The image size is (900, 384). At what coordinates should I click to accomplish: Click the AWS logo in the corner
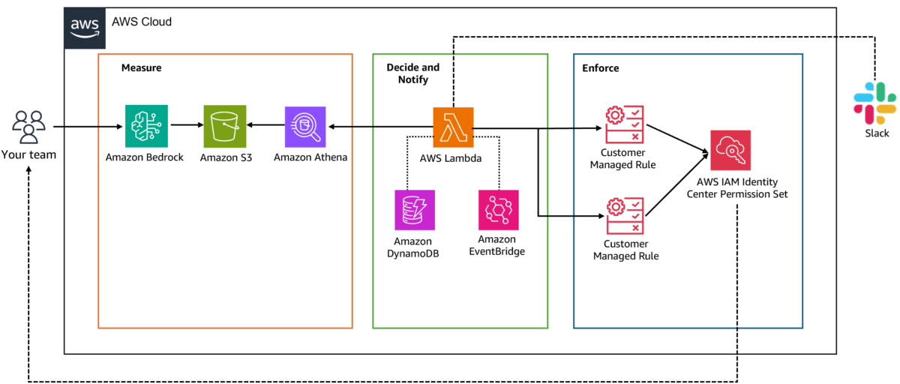[x=85, y=28]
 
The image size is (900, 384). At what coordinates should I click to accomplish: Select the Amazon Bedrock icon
[x=146, y=126]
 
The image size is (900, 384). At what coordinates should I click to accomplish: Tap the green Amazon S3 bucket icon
[x=224, y=127]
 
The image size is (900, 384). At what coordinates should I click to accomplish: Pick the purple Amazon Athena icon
[x=305, y=127]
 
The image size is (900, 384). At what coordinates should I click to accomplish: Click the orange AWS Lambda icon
[x=453, y=127]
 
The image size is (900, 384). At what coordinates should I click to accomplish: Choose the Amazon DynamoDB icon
[x=415, y=210]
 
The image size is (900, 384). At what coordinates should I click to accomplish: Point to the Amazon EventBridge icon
[x=498, y=210]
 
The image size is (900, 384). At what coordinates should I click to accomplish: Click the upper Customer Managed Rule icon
[x=624, y=124]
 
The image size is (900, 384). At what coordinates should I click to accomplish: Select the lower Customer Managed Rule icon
[x=625, y=216]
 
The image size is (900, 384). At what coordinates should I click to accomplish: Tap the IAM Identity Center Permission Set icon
[x=730, y=150]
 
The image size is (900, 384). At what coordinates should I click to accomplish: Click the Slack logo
[x=874, y=103]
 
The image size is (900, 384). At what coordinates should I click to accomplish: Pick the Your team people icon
[x=28, y=127]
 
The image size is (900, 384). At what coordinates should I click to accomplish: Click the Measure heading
[x=142, y=68]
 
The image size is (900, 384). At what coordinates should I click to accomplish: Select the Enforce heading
[x=600, y=68]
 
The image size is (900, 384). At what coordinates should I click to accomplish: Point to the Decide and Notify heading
[x=413, y=73]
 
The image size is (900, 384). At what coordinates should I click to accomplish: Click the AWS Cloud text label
[x=142, y=22]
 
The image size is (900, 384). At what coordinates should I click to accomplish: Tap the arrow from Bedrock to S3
[x=187, y=125]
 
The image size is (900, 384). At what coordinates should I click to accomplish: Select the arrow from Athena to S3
[x=265, y=125]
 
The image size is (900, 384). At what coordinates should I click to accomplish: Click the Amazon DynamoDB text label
[x=412, y=247]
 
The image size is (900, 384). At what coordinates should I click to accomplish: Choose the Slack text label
[x=877, y=133]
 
